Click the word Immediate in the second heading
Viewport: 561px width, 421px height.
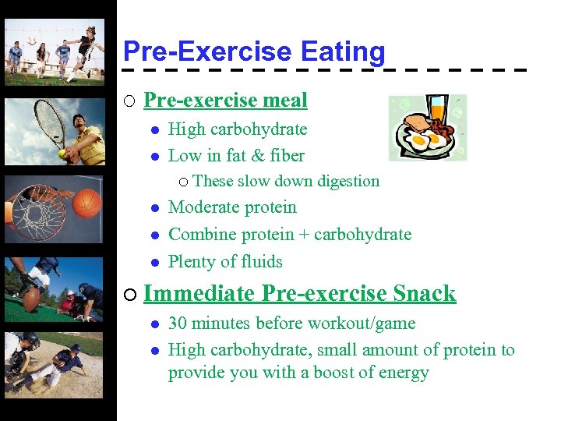[x=199, y=294]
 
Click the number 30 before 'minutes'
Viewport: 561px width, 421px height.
[x=178, y=324]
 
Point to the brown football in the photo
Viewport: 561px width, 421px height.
[x=33, y=299]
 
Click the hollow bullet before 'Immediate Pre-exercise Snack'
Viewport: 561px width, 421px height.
[x=129, y=295]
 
